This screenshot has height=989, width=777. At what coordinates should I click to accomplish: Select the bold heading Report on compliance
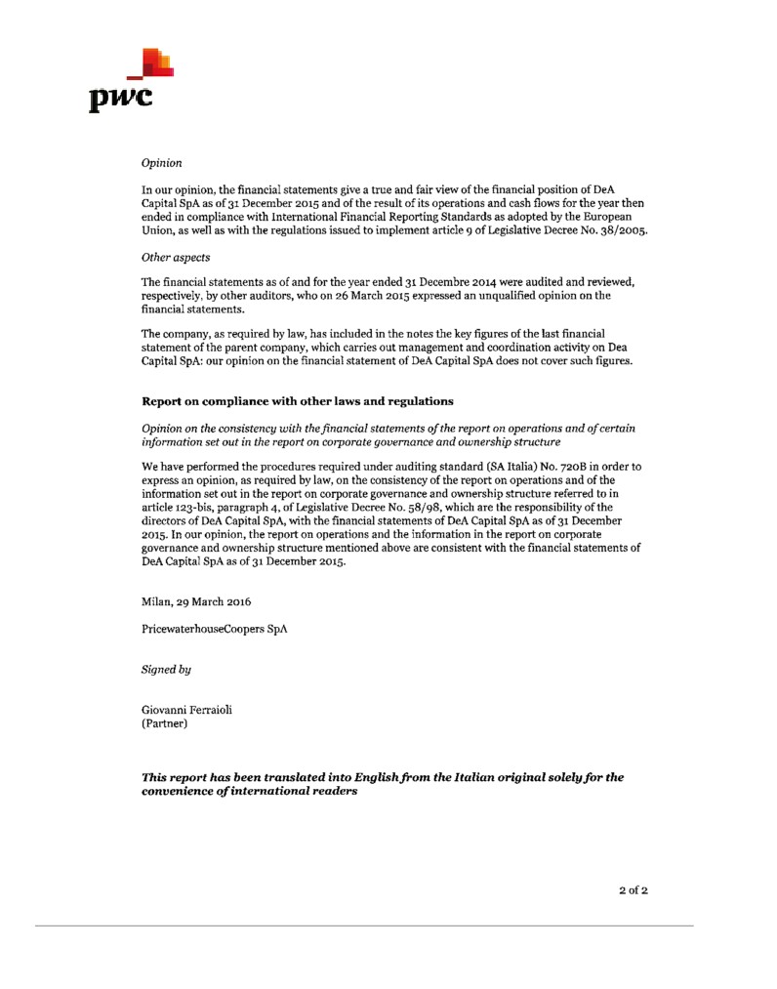pos(298,401)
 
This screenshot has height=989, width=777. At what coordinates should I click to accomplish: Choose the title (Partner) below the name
pos(165,725)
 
